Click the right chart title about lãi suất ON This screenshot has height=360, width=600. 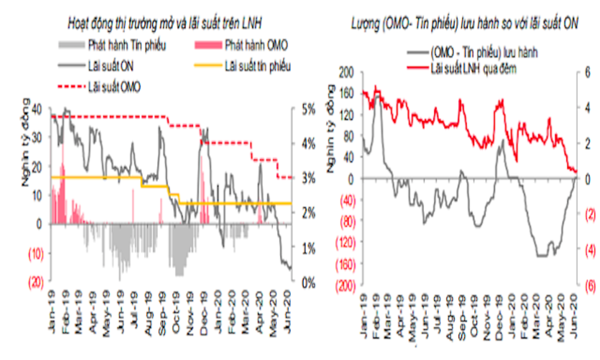pos(464,23)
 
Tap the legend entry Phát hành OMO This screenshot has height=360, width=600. pos(256,45)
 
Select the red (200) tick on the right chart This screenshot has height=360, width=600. pos(343,285)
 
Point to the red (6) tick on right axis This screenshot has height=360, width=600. pos(586,285)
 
